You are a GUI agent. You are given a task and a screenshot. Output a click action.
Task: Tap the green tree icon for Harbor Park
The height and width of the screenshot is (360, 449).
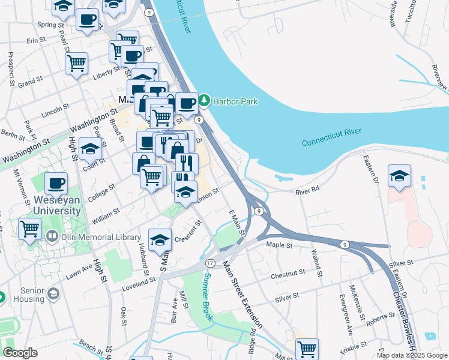(x=205, y=101)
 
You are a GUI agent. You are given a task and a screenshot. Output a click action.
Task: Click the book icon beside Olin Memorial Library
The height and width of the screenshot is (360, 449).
(x=53, y=238)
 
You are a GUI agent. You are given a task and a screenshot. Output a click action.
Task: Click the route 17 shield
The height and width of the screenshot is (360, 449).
(x=210, y=263)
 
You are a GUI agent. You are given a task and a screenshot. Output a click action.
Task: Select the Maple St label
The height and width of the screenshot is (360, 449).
(x=279, y=245)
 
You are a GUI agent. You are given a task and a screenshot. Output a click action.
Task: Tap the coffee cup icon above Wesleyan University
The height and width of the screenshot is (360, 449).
(x=56, y=182)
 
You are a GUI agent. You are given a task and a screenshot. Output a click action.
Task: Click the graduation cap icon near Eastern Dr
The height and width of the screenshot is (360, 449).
(x=399, y=175)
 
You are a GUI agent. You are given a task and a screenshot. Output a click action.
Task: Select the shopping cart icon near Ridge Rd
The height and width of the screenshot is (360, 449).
(x=307, y=347)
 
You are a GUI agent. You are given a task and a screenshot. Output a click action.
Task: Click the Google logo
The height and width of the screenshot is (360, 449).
(x=20, y=353)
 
